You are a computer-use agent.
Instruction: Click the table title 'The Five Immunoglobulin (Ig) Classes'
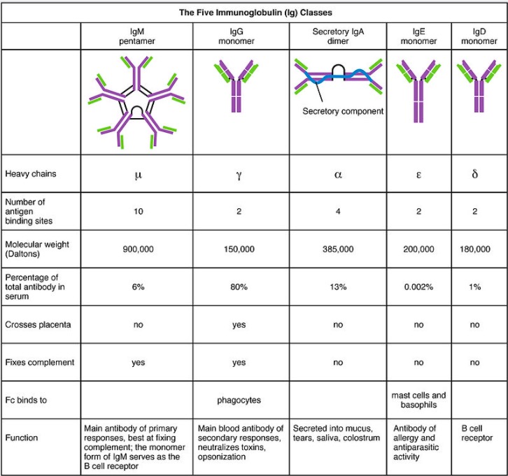(x=253, y=12)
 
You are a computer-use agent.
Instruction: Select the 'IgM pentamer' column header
(x=137, y=36)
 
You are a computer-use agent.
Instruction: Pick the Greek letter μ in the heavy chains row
(x=137, y=175)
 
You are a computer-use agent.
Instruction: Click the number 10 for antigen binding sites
(x=137, y=212)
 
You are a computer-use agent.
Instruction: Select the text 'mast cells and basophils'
(x=419, y=401)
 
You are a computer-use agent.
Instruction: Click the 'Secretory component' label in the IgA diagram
(x=343, y=111)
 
